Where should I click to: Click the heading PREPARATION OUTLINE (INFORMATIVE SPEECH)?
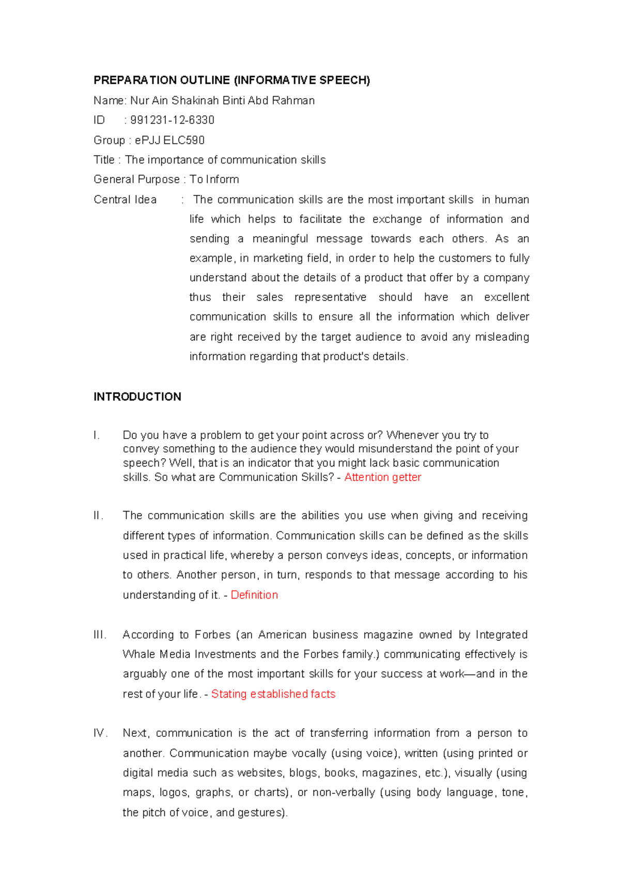[x=231, y=80]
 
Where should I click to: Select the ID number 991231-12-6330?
[x=172, y=120]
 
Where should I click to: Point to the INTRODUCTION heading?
[x=137, y=397]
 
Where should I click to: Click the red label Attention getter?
[x=382, y=477]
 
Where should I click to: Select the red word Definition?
[x=254, y=595]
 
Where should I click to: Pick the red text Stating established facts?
[x=273, y=694]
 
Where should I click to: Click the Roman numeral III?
[x=100, y=634]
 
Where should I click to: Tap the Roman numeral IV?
[x=100, y=733]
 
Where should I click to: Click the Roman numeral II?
[x=98, y=516]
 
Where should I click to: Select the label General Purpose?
[x=136, y=179]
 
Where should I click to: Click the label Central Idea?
[x=125, y=200]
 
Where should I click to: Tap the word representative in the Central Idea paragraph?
[x=330, y=297]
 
